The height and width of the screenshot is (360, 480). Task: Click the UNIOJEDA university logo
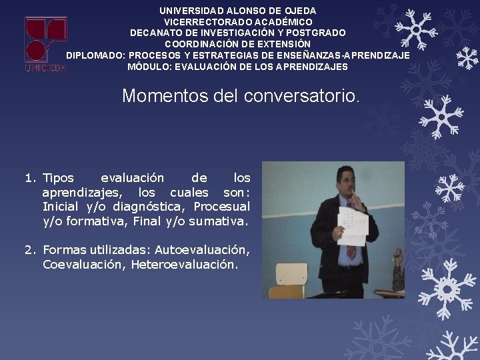[x=46, y=43]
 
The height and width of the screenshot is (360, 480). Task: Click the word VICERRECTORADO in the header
[x=203, y=22]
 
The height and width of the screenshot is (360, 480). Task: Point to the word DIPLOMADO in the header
[x=95, y=55]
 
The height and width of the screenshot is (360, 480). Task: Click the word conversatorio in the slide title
[x=301, y=96]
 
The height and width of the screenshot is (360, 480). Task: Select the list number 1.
[x=29, y=178]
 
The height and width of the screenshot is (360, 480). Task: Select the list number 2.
[x=29, y=250]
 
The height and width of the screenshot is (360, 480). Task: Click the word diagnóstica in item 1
[x=145, y=207]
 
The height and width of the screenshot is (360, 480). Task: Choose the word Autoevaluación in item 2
[x=202, y=250]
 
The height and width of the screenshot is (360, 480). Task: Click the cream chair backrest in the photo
[x=291, y=274]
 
